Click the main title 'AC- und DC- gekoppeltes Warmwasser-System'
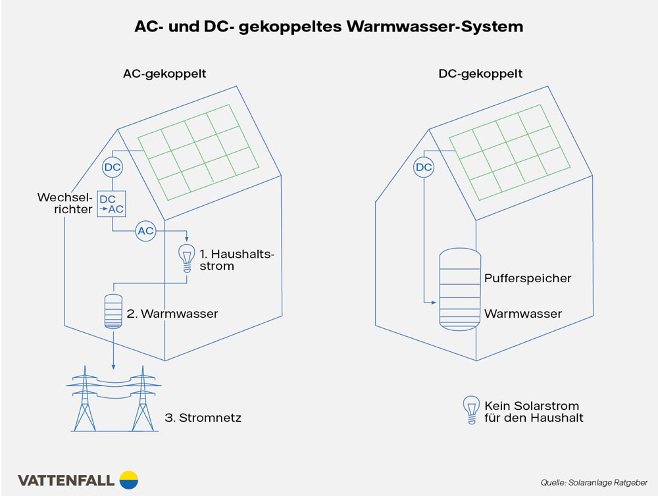click(329, 27)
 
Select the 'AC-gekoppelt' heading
click(164, 74)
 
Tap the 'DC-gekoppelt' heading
click(480, 74)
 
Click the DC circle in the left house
click(113, 168)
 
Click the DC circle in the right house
click(424, 168)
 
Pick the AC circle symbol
click(145, 230)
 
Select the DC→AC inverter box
click(111, 203)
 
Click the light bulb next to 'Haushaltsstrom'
click(188, 257)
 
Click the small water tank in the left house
click(114, 311)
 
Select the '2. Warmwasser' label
click(172, 314)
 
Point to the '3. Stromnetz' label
click(203, 418)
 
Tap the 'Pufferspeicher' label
click(528, 278)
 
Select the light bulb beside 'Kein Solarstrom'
click(470, 409)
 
